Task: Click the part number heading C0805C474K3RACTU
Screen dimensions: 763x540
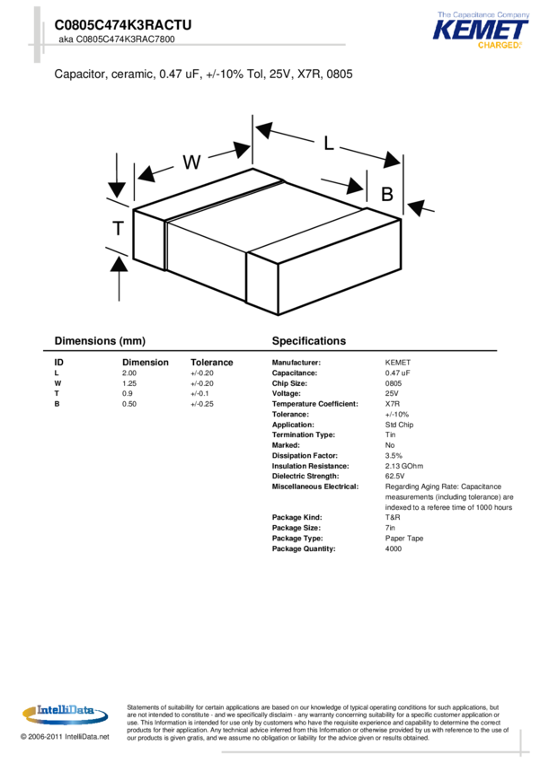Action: (x=123, y=25)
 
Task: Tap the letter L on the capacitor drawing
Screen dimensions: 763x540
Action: (x=329, y=143)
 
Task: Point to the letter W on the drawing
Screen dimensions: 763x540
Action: (x=191, y=162)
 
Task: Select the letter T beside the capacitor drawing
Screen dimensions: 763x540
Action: (x=118, y=229)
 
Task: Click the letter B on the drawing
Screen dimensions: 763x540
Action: (x=387, y=194)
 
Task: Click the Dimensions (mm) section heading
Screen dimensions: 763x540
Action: (x=100, y=341)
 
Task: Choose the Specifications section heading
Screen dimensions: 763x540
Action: (x=308, y=341)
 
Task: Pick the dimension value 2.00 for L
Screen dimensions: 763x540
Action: (x=129, y=373)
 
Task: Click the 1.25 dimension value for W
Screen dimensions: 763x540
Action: (x=129, y=383)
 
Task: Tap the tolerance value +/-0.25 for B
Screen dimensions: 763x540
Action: (x=202, y=404)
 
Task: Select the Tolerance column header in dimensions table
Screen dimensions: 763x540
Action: (x=211, y=363)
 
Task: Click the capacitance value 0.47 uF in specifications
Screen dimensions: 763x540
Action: (x=397, y=373)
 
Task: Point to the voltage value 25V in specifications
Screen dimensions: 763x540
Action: (x=392, y=393)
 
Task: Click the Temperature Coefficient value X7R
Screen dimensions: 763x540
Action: (x=393, y=404)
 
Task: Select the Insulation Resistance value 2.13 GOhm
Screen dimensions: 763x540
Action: (x=404, y=466)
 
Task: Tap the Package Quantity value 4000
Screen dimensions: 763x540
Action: (x=394, y=548)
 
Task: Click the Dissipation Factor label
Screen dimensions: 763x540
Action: (x=305, y=455)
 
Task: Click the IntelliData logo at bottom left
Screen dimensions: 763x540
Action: (x=64, y=712)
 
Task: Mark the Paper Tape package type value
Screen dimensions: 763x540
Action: (x=404, y=539)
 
